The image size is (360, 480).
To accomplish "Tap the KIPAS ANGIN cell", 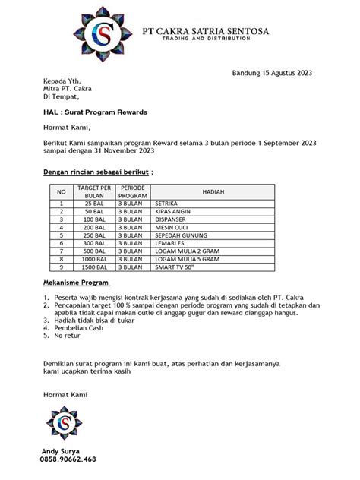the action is click(172, 213).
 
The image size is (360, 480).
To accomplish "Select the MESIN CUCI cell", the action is click(171, 228).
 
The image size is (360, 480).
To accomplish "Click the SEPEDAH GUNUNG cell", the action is click(178, 236).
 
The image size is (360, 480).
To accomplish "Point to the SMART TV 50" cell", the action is click(174, 267).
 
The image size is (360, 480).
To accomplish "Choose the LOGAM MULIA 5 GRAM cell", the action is click(185, 259).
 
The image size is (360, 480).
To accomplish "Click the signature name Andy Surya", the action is click(65, 451).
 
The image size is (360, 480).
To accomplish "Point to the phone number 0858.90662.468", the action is click(69, 460).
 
